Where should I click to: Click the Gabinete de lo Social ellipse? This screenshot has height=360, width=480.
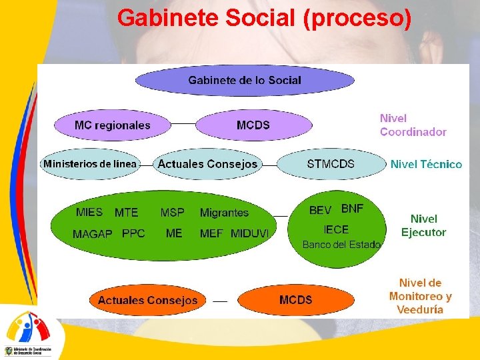245,81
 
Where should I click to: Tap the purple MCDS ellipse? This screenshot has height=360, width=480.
253,125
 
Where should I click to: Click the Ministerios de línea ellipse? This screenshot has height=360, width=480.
90,164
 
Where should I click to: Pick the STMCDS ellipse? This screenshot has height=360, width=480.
331,164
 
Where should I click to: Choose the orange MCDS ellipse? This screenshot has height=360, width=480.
296,300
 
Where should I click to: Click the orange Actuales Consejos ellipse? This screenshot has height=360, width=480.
147,301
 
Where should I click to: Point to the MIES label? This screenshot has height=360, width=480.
89,212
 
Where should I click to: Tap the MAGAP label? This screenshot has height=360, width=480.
92,234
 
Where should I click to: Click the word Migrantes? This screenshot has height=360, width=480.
224,213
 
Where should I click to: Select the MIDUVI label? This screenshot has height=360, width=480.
250,233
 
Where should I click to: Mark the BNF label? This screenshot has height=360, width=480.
353,209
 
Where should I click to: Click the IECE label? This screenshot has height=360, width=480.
336,229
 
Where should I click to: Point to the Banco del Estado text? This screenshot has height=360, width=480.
341,245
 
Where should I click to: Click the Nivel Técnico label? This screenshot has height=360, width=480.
426,164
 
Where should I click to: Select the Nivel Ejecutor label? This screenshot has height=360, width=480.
423,225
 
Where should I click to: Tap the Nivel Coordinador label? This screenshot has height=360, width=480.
413,125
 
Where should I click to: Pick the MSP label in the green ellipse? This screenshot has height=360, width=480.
172,213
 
